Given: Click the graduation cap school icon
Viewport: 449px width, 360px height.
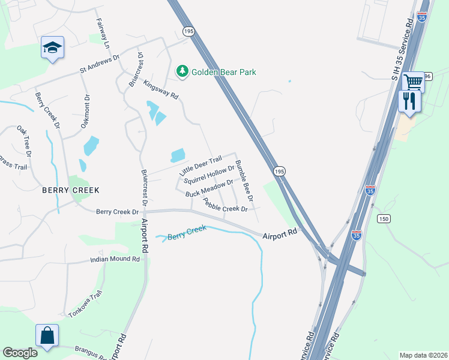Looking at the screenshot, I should (52, 47).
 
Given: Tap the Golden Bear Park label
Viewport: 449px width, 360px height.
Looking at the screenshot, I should (223, 72).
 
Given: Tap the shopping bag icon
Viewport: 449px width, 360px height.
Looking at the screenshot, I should (47, 336).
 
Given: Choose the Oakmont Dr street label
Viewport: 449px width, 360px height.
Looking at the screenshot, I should (85, 112).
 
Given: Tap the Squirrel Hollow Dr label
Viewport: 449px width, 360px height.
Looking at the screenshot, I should (208, 174).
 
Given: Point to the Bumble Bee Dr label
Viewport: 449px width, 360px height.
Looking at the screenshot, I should (244, 181).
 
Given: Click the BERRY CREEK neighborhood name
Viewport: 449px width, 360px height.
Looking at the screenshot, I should (70, 190).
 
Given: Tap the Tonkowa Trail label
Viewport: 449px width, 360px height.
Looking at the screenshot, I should (85, 305).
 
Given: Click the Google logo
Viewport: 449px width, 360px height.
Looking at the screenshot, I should (20, 353).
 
